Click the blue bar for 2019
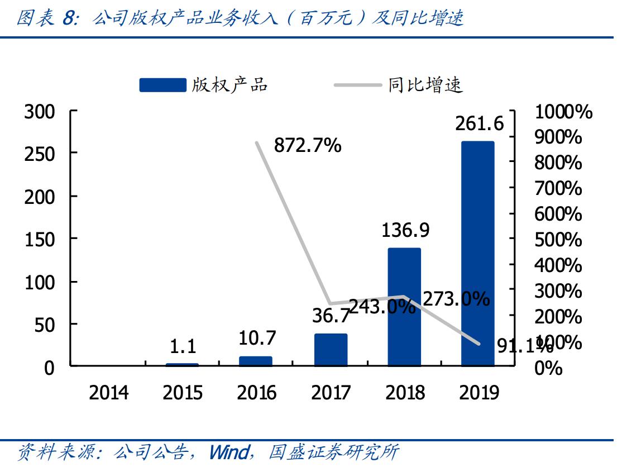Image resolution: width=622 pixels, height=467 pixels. click(x=477, y=254)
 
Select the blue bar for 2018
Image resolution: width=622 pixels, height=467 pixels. click(x=404, y=307)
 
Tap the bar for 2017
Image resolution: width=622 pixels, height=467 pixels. click(x=331, y=350)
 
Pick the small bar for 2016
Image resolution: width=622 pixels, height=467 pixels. click(x=256, y=361)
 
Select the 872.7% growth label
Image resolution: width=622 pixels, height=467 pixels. click(x=308, y=146)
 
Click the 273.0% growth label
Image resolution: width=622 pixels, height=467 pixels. click(x=456, y=299)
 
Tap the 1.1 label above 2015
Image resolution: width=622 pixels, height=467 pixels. click(x=183, y=346)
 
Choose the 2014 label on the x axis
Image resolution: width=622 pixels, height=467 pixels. click(x=109, y=392)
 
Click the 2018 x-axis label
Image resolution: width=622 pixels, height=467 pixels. click(x=405, y=392)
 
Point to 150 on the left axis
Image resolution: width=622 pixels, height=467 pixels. click(x=40, y=239)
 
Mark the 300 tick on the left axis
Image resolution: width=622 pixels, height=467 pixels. click(x=40, y=112)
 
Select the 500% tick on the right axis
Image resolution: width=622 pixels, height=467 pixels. click(x=558, y=240)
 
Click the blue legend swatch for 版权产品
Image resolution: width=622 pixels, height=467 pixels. click(x=162, y=85)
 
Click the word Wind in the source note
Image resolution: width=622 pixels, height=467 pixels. click(x=228, y=451)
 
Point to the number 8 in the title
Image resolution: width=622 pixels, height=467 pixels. click(x=69, y=18)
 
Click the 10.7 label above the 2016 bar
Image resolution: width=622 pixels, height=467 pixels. click(x=257, y=338)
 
